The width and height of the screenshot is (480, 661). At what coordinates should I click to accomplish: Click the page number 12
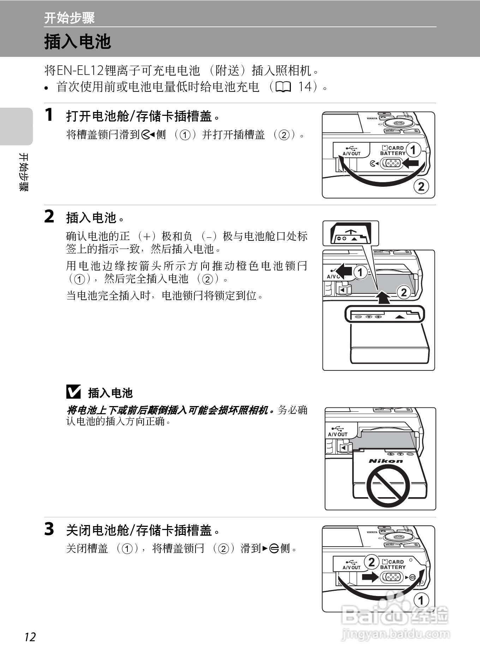coord(30,637)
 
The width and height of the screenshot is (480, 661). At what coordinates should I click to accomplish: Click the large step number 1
coord(49,115)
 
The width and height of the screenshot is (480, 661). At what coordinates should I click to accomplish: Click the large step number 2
coord(49,216)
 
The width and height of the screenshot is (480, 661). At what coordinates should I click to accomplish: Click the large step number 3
coord(49,529)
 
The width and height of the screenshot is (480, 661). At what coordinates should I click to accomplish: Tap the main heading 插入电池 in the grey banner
coord(78,42)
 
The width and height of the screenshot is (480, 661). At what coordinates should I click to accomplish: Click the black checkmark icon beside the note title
coord(73,392)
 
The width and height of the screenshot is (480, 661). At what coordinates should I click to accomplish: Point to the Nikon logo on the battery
coord(385,461)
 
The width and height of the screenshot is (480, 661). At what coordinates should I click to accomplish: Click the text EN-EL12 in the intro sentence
coord(80,71)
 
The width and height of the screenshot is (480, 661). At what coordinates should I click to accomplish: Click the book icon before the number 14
coord(284,87)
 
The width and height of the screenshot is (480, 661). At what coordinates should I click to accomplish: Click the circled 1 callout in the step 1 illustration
coord(413,150)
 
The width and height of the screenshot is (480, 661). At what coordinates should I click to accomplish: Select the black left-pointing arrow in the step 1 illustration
coord(410,163)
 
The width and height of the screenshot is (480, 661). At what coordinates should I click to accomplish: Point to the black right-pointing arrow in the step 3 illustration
coord(370,577)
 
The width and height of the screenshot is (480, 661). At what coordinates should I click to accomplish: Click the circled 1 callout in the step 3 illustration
coord(421,600)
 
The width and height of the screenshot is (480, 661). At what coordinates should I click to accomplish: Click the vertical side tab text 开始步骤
coord(23,172)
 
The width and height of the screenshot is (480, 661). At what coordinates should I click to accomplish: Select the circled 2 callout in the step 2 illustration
coord(404,292)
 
